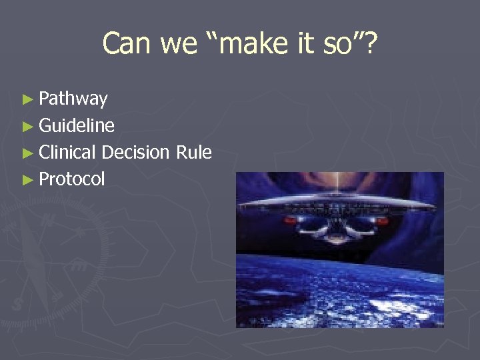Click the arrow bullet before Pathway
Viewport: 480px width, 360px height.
point(27,99)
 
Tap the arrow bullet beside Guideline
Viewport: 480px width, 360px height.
point(27,126)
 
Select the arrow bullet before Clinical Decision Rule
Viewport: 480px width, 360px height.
point(27,153)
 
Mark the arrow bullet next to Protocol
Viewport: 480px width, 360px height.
point(27,179)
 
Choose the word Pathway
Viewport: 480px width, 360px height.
point(73,99)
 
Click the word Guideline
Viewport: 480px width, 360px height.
point(77,125)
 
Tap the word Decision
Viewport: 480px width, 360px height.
point(136,152)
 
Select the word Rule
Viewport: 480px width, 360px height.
point(194,152)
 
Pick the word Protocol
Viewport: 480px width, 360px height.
point(72,179)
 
